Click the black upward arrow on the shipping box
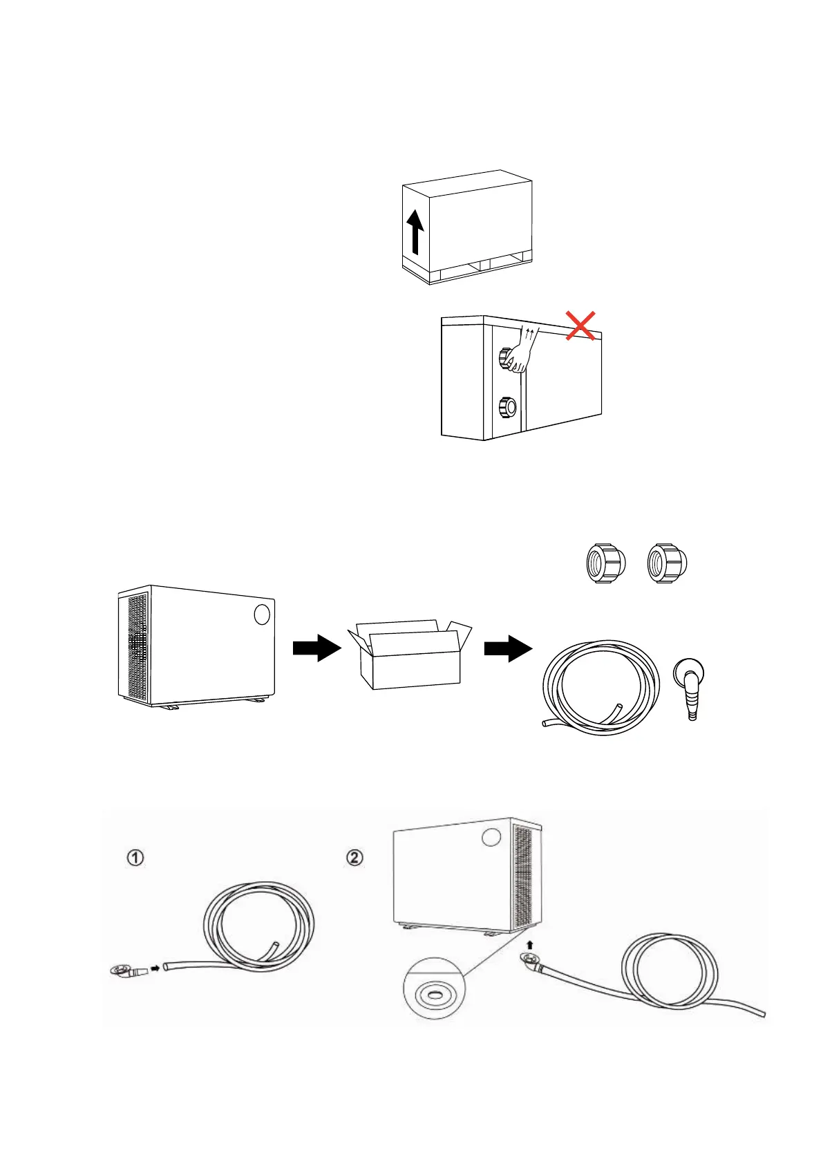[415, 232]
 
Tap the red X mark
[581, 325]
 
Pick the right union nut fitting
[667, 563]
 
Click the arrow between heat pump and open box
[316, 648]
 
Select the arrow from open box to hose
[508, 648]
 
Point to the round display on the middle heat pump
[261, 614]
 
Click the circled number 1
[135, 858]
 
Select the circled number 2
[354, 858]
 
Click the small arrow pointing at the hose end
[155, 968]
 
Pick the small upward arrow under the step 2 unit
[530, 944]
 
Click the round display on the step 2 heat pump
[491, 837]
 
